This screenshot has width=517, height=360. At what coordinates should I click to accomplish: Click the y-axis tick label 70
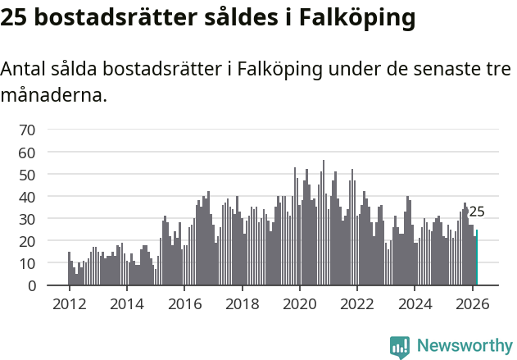[27, 130]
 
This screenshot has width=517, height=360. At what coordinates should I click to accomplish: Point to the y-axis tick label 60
[27, 153]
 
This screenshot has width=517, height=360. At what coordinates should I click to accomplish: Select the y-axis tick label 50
[27, 175]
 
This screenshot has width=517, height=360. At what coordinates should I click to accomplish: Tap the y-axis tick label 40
[27, 197]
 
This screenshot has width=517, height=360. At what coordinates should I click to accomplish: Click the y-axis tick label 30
[27, 219]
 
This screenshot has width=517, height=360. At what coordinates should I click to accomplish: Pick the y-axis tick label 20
[27, 242]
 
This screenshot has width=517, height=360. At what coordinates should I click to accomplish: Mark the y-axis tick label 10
[27, 264]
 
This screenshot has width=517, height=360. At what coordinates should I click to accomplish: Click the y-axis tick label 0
[31, 286]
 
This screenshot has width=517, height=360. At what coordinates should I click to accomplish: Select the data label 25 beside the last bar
[477, 212]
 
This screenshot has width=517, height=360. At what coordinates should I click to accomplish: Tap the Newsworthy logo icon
[400, 347]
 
